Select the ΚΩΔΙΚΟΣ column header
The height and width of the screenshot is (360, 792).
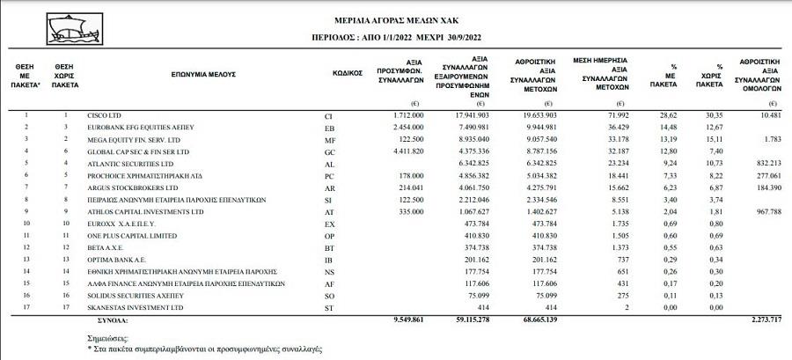[348, 75]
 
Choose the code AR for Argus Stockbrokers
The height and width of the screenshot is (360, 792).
[330, 188]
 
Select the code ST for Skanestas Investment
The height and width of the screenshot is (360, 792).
[330, 309]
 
